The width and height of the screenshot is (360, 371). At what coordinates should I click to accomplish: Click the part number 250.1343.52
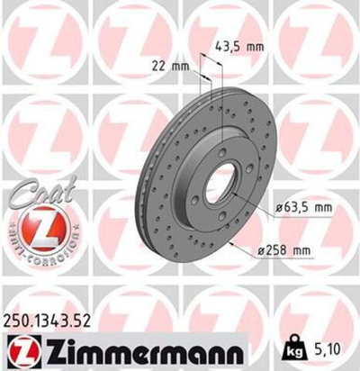[50, 321]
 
